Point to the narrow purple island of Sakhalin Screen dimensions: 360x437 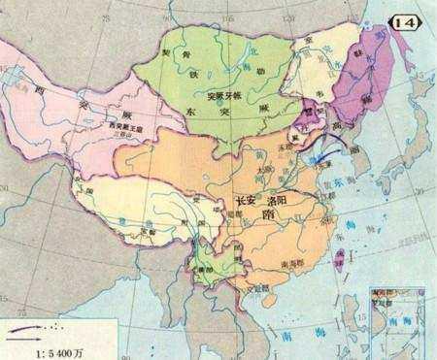pyautogui.click(x=400, y=68)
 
